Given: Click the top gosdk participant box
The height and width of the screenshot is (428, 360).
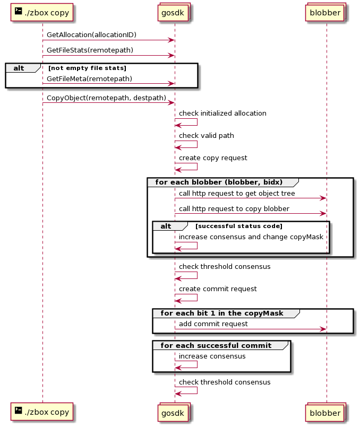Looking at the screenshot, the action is [174, 12].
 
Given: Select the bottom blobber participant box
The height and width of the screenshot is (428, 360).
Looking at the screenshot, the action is [325, 413].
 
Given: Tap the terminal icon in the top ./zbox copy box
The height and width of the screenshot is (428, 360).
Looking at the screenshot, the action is [18, 11].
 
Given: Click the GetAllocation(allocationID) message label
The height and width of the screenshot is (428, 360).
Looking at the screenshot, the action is [91, 35].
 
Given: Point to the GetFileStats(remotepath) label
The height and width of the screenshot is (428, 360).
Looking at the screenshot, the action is [90, 50].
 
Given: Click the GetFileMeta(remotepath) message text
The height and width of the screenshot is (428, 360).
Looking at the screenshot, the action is [89, 79].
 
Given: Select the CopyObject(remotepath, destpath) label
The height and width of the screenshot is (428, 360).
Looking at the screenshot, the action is [106, 98].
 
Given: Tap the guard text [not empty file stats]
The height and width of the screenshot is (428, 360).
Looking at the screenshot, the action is [87, 68].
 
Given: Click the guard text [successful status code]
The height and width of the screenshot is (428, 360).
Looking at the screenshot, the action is [239, 226].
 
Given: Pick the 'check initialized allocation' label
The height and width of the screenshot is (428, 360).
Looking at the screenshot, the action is [222, 113].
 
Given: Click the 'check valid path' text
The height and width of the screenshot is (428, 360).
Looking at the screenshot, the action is [207, 136].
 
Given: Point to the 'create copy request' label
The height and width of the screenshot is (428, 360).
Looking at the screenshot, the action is [213, 158].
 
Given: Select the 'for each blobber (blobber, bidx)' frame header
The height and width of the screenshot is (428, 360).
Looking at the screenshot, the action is [219, 182].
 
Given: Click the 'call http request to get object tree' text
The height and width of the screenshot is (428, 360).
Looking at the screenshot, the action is [237, 194].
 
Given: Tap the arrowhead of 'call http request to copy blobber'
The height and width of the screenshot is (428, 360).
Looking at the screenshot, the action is [324, 213].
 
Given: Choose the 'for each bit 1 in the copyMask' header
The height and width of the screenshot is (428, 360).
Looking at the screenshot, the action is [222, 313].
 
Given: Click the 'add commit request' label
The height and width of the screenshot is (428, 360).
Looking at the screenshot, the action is [213, 324].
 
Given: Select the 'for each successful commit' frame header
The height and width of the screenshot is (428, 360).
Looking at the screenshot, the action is [216, 345].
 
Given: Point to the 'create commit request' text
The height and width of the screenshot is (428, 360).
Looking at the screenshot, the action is [218, 289].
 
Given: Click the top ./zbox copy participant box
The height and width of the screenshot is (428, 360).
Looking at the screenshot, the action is [42, 12].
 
